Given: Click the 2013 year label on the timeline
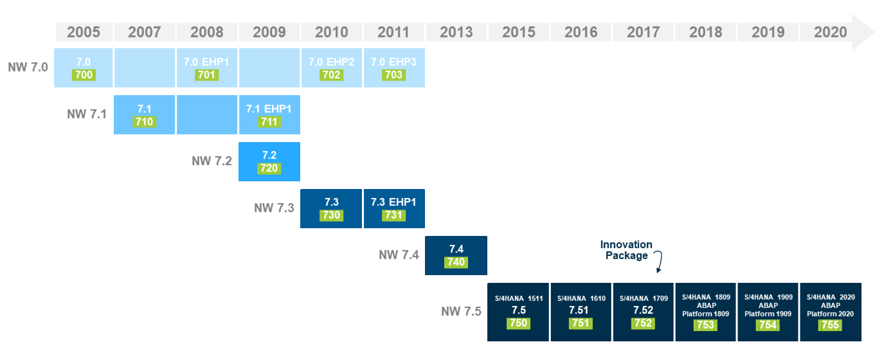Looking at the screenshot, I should pyautogui.click(x=456, y=32).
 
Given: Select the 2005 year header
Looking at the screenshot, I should pyautogui.click(x=84, y=32).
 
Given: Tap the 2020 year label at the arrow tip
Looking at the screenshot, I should pyautogui.click(x=830, y=32).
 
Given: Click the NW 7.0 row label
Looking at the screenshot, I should pyautogui.click(x=28, y=66).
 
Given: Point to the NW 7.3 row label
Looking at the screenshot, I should pyautogui.click(x=274, y=208).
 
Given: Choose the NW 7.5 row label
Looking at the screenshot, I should pyautogui.click(x=461, y=312).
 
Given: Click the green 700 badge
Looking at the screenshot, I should pyautogui.click(x=84, y=75).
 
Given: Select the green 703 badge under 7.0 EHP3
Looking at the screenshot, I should pyautogui.click(x=393, y=75).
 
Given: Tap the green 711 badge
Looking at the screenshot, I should pyautogui.click(x=269, y=122).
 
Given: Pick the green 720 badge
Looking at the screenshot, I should pyautogui.click(x=269, y=168).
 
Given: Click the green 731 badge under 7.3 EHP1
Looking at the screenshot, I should pyautogui.click(x=393, y=215).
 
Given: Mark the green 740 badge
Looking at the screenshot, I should pyautogui.click(x=456, y=262).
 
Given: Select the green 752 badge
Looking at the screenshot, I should pyautogui.click(x=643, y=324).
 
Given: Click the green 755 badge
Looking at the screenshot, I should pyautogui.click(x=830, y=325).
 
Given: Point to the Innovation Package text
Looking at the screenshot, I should pyautogui.click(x=626, y=250).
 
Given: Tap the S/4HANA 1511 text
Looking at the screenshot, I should pyautogui.click(x=518, y=298).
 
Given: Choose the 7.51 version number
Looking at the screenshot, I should pyautogui.click(x=581, y=310).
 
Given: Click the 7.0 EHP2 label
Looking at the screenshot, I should pyautogui.click(x=331, y=62).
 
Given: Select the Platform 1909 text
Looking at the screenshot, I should pyautogui.click(x=768, y=313).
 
